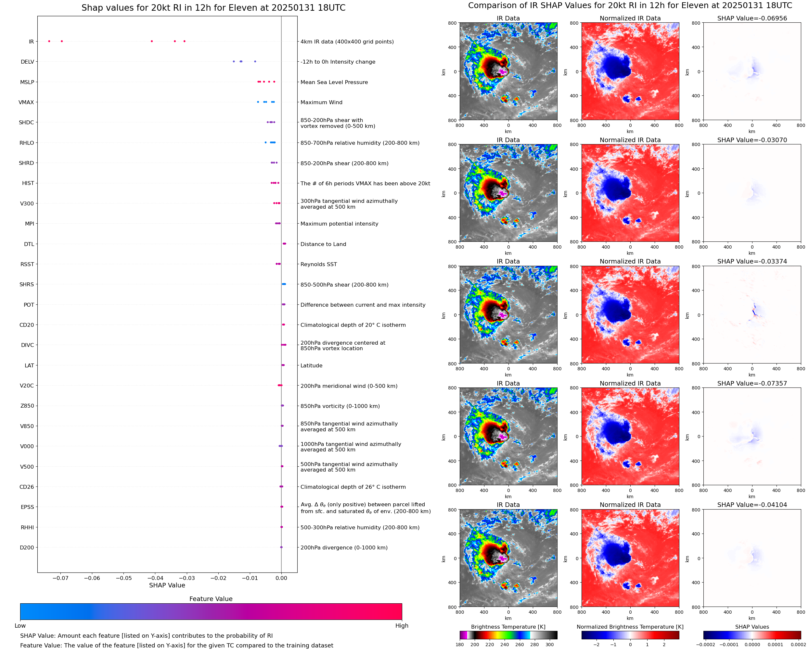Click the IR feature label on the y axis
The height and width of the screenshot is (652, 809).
tap(31, 42)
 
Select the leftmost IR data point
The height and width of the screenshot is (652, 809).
tap(49, 41)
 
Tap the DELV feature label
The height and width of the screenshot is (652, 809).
tap(27, 62)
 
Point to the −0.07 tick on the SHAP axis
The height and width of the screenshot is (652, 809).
tap(60, 578)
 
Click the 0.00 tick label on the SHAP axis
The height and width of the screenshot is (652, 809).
tap(281, 578)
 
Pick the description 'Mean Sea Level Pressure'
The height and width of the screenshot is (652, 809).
tap(334, 82)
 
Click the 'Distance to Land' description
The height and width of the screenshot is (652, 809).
tap(323, 244)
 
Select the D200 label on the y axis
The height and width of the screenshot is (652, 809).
tap(27, 547)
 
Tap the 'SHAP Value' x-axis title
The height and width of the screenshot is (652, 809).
tap(167, 585)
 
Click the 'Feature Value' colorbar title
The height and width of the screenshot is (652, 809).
tap(211, 599)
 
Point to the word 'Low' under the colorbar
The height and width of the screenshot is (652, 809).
tap(20, 626)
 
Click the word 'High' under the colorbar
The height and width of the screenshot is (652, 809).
tap(402, 626)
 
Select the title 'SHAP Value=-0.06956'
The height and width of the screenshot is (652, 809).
tap(752, 18)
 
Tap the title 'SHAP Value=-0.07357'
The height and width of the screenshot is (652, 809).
tap(752, 383)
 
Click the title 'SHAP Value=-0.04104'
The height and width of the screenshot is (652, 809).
tap(752, 505)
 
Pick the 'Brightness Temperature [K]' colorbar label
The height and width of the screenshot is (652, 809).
tap(508, 627)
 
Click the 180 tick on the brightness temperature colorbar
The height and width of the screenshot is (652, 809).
tap(460, 645)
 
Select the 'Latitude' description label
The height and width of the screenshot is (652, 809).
tap(311, 365)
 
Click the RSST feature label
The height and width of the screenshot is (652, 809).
tap(27, 264)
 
